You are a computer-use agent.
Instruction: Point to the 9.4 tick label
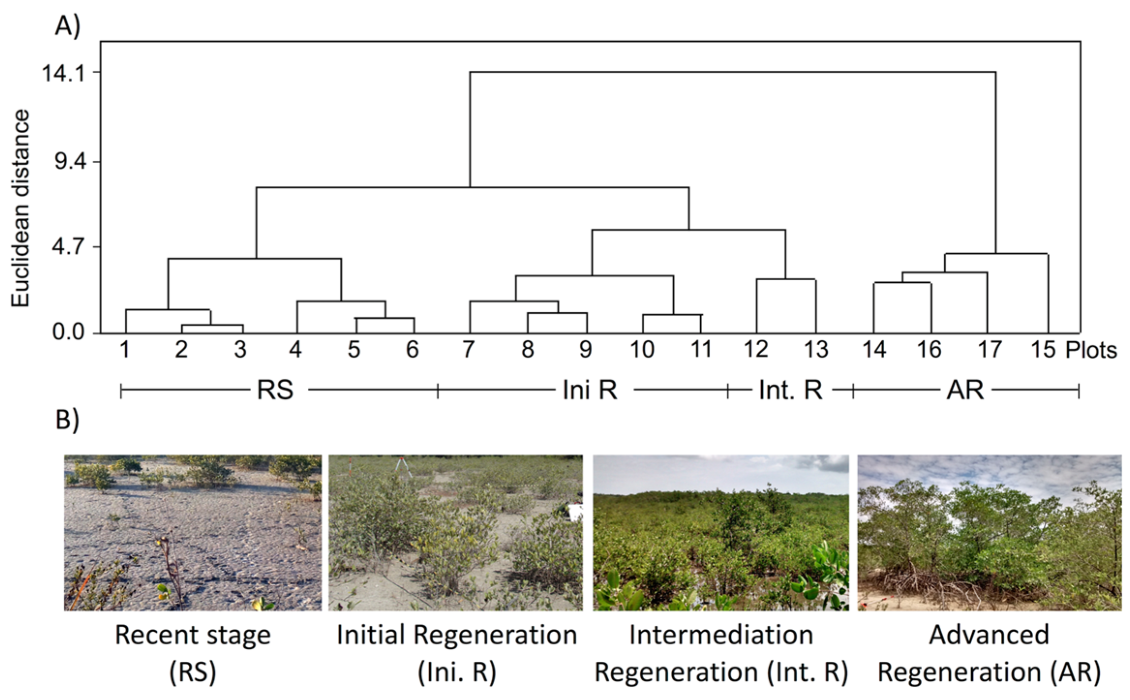pos(71,162)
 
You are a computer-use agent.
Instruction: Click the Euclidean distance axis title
pos(21,208)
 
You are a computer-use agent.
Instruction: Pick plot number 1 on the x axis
pos(125,350)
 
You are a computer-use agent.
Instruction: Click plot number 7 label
pos(468,350)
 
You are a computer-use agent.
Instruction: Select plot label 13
pos(816,350)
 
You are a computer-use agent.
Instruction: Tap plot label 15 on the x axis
pos(1043,350)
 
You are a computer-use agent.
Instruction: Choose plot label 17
pos(989,350)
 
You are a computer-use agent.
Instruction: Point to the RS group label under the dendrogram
pos(275,390)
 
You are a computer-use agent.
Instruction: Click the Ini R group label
pos(590,390)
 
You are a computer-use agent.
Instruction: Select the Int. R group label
pos(791,390)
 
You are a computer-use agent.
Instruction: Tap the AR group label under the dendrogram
pos(965,390)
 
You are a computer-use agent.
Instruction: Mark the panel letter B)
pos(67,420)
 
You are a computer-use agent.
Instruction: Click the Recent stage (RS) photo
pos(193,533)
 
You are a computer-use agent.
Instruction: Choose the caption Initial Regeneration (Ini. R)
pos(457,654)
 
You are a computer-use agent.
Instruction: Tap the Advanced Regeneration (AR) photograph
pos(989,533)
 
